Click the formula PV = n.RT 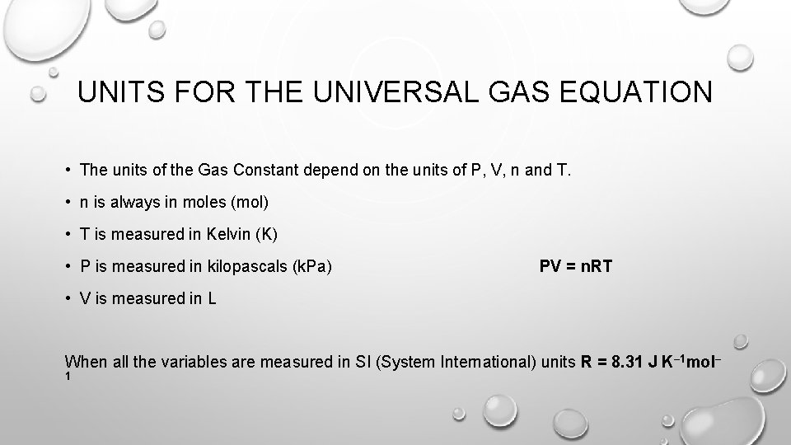tap(576, 266)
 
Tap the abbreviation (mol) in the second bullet tap(250, 203)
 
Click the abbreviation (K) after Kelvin tap(267, 235)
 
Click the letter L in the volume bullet tap(212, 298)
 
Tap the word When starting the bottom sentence tap(84, 362)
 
